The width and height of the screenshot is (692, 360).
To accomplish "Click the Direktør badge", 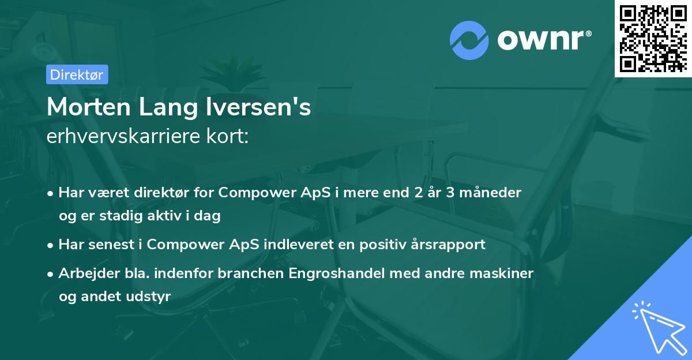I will [77, 74].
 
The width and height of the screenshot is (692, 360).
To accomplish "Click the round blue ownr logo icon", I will [468, 39].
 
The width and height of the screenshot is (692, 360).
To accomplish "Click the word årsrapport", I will [453, 244].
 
